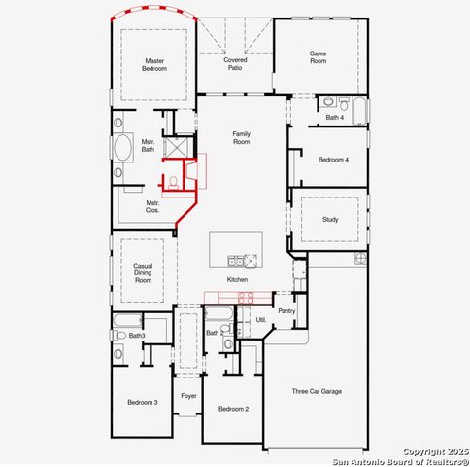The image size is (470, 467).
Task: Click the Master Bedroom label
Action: tap(155, 64)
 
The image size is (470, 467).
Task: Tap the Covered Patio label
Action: tap(235, 64)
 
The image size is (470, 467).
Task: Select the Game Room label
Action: tap(319, 57)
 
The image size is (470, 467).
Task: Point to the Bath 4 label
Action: tap(334, 118)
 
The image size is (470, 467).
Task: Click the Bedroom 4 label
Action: tap(334, 159)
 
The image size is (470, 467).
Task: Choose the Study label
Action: tap(330, 219)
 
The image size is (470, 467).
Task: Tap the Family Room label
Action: tap(241, 138)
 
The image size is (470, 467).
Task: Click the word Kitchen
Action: tap(237, 280)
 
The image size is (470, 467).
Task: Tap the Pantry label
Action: tap(286, 311)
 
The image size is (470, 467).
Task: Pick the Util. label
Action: tap(260, 320)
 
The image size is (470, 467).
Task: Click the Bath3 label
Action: tap(136, 336)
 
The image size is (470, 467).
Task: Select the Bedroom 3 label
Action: tap(142, 401)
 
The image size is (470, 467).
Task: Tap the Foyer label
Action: tap(188, 396)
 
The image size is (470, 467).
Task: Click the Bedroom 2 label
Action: tap(233, 409)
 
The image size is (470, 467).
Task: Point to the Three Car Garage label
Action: tap(317, 391)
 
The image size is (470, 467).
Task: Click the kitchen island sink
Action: tap(235, 260)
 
